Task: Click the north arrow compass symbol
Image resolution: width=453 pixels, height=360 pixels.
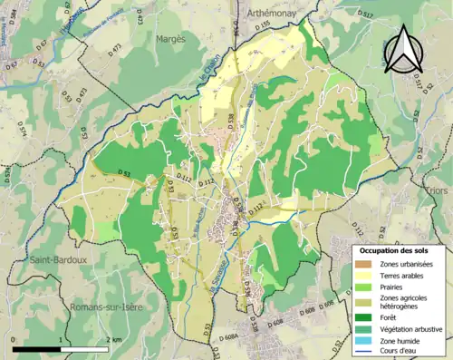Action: coord(404,49)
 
